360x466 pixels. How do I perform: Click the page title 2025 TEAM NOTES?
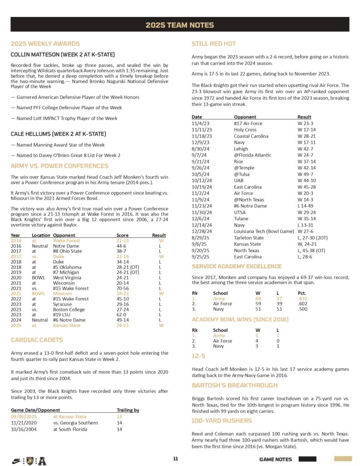tap(180, 25)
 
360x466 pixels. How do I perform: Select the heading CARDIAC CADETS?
tap(37, 340)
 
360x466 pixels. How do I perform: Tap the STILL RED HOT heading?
tap(214, 44)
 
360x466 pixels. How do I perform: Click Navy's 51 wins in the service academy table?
tap(259, 309)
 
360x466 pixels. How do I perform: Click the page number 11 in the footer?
tap(175, 459)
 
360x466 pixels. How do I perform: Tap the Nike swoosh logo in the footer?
tap(16, 460)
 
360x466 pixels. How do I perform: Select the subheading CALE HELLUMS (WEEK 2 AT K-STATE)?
tap(58, 134)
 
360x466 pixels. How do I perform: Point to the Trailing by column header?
tap(128, 410)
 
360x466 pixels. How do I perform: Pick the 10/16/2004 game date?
tap(24, 429)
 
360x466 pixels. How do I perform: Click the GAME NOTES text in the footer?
tap(275, 459)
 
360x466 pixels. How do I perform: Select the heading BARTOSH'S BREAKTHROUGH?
tap(234, 385)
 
